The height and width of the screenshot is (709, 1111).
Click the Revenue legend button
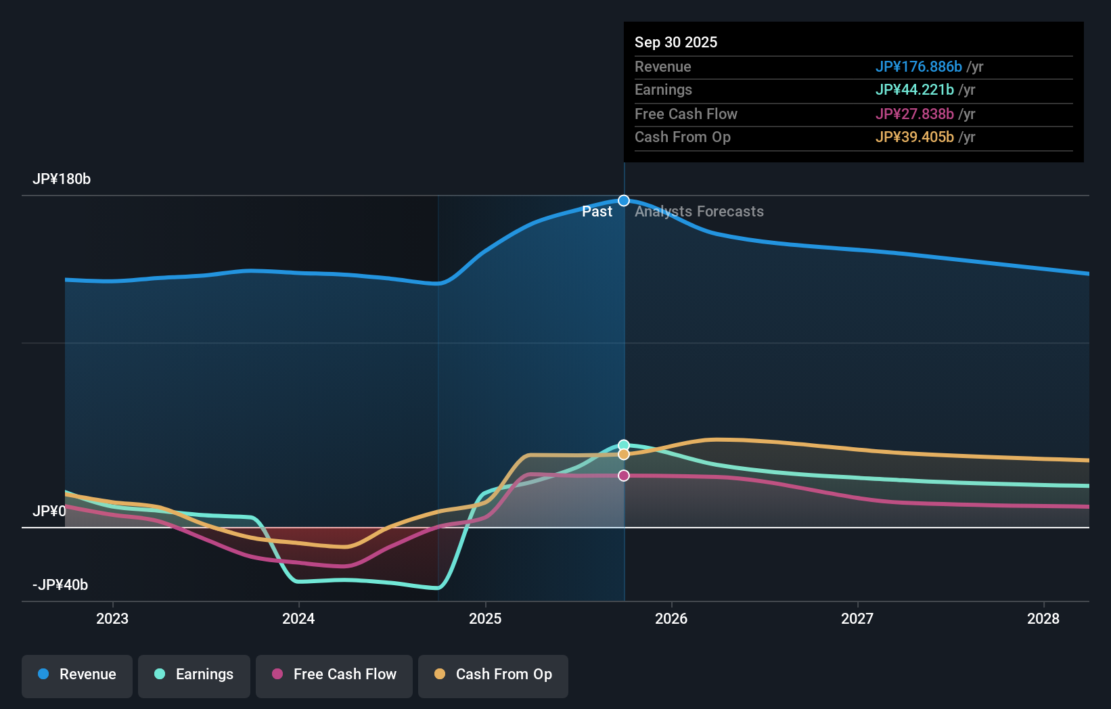77,674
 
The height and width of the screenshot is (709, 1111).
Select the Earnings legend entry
194,674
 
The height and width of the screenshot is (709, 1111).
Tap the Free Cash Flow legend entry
334,674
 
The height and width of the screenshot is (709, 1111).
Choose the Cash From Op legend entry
493,674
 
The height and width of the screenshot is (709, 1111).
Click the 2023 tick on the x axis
112,618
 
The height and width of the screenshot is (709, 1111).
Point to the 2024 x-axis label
298,618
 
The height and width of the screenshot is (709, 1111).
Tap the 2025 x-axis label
485,618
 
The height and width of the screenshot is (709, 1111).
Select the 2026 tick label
671,618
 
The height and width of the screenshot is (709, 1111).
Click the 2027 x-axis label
857,618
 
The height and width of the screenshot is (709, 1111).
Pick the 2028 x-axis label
1043,618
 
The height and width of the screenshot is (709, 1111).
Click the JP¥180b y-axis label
62,179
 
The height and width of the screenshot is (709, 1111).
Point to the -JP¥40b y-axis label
60,585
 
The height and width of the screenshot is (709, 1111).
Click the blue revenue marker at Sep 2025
624,201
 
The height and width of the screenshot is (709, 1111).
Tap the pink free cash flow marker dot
624,476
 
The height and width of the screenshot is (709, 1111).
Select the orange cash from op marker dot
624,455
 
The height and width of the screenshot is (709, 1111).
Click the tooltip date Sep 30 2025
676,43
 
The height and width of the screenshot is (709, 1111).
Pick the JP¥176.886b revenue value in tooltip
918,67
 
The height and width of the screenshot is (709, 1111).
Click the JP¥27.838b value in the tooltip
914,114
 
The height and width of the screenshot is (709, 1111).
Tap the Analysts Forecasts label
699,212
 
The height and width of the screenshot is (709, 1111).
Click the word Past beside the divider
597,212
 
